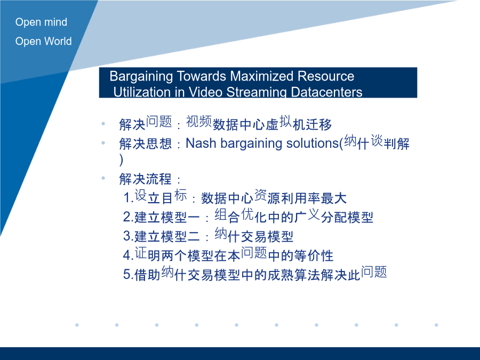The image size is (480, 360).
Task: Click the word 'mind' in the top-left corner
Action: (x=55, y=22)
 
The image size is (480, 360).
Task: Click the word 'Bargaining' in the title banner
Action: (x=141, y=77)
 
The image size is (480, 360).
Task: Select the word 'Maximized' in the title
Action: (x=262, y=76)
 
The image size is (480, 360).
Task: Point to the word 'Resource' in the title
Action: (x=326, y=76)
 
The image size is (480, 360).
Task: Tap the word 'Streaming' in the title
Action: (x=257, y=92)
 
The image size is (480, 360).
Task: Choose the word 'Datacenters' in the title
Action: (x=326, y=92)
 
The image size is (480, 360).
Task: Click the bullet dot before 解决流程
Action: (x=103, y=178)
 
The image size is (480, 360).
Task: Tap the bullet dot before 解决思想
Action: (x=103, y=142)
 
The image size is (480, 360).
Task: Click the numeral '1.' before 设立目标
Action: (x=129, y=197)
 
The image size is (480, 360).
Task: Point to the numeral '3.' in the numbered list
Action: (x=129, y=236)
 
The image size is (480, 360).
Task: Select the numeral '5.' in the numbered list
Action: (x=129, y=274)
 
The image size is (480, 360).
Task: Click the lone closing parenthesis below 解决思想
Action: (x=122, y=160)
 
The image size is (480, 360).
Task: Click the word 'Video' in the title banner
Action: (x=205, y=92)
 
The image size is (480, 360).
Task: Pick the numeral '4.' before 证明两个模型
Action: (x=129, y=255)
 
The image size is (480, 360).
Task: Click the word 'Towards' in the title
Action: (x=202, y=76)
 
